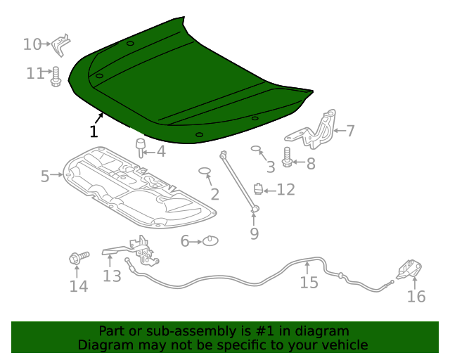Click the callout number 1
coord(94,131)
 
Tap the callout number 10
coord(32,44)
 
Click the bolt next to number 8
coord(288,157)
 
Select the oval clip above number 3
coord(256,149)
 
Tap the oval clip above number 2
coord(205,170)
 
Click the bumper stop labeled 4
coord(140,147)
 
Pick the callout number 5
coord(45,176)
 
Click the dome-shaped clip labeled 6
coord(210,241)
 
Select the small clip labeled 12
coord(258,188)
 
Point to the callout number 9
coord(255,233)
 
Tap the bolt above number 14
coord(77,259)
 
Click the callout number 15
coord(309,283)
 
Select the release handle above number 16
coord(409,269)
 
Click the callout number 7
coord(350,130)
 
